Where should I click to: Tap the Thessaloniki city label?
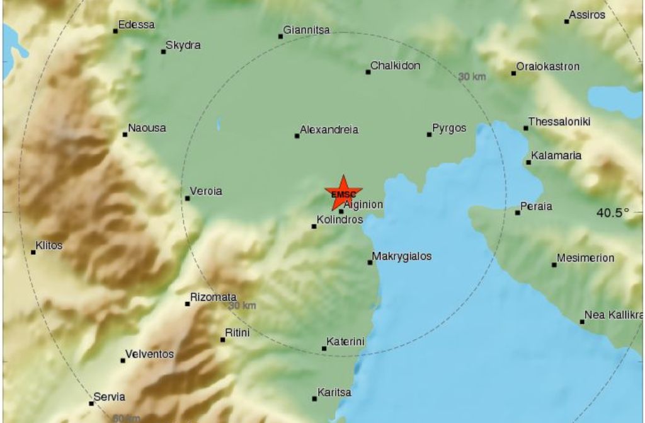(559, 122)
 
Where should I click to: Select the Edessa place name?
(137, 25)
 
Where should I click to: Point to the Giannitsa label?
(306, 29)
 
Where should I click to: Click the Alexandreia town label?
(329, 130)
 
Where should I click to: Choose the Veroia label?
(207, 192)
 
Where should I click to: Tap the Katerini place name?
(346, 342)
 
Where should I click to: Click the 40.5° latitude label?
(612, 213)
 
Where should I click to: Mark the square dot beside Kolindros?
(314, 226)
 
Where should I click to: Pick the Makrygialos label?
(402, 257)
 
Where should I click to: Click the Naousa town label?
(147, 128)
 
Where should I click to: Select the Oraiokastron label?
(547, 66)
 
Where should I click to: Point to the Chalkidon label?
(395, 66)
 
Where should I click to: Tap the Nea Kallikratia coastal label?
(612, 315)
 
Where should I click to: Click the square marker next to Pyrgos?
(429, 134)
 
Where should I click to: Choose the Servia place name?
(109, 397)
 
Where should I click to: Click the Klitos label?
(49, 246)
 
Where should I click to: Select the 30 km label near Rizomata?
(243, 305)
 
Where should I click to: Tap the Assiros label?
(586, 14)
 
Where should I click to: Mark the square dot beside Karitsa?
(314, 398)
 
